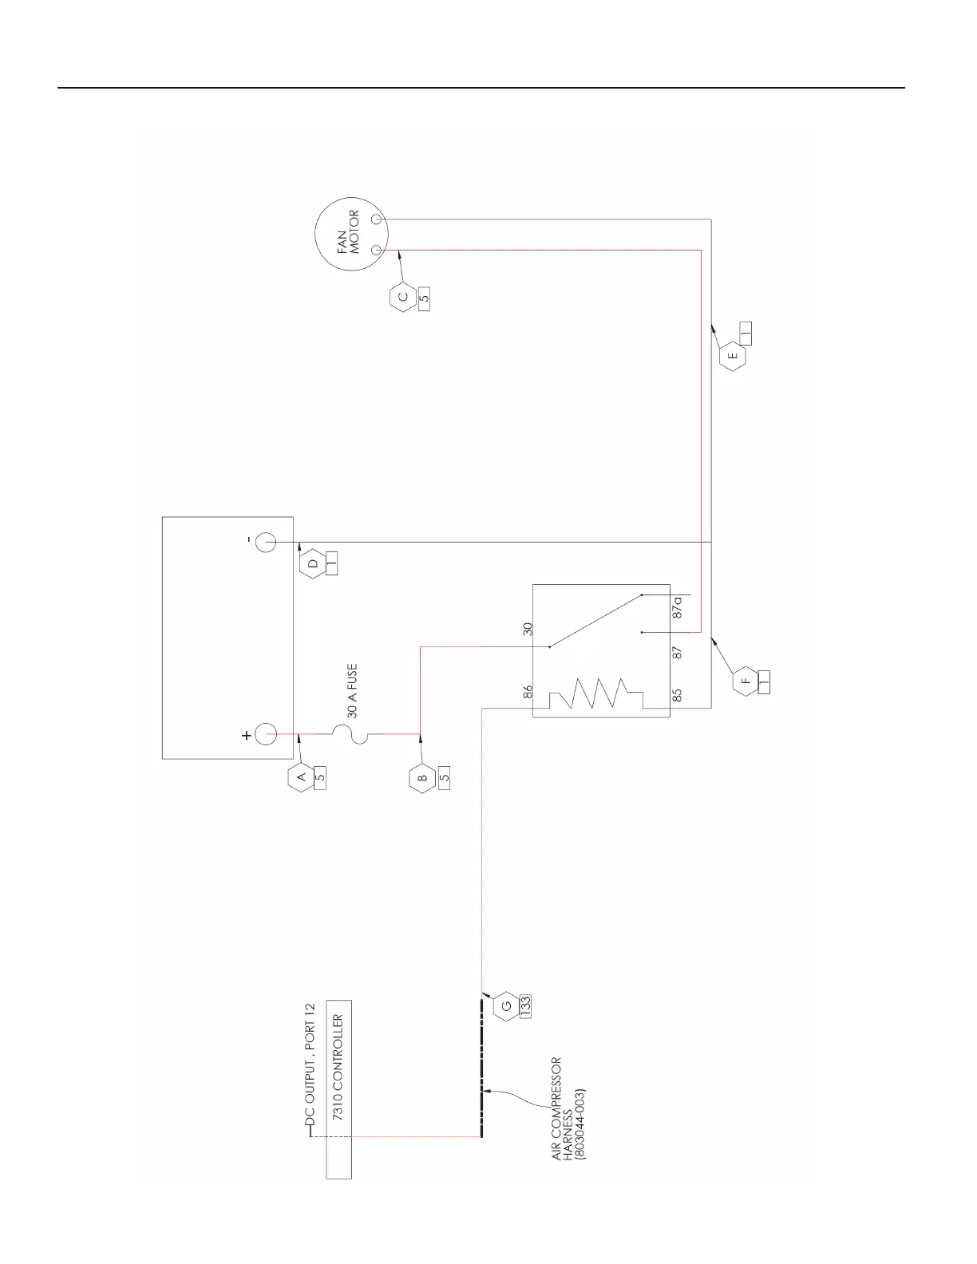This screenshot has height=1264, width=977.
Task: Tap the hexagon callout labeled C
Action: [x=402, y=297]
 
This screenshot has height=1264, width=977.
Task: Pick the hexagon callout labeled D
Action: [x=313, y=563]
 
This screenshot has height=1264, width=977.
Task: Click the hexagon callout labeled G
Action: [x=505, y=1006]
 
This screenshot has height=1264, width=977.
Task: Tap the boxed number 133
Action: [x=525, y=1006]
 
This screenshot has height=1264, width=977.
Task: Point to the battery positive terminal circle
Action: [x=266, y=734]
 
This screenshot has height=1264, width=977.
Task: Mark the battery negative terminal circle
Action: [x=266, y=543]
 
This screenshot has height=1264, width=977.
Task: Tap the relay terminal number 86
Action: [x=528, y=693]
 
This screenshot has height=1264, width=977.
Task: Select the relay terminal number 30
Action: [x=528, y=630]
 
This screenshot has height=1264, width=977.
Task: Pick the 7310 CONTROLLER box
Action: [x=338, y=1089]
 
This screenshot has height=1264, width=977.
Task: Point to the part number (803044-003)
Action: [x=580, y=1123]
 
